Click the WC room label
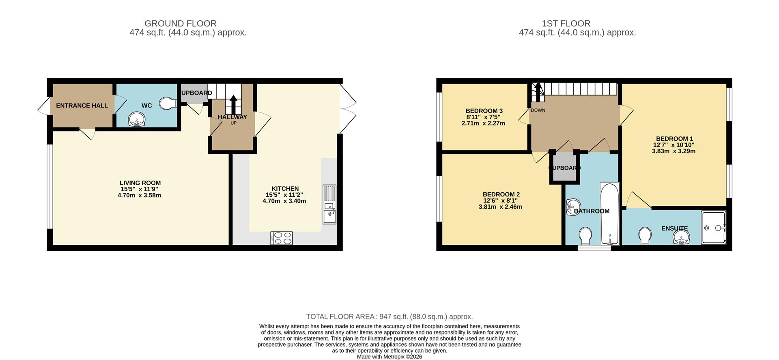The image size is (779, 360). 146,106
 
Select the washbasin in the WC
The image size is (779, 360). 136,120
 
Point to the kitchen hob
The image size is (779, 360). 282,238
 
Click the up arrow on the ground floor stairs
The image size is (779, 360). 233,104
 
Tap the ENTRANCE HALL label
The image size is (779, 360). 82,106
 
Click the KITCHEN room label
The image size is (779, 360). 285,188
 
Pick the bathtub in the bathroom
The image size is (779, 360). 609,214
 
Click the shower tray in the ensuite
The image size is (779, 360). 713,227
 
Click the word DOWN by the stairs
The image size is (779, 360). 538,110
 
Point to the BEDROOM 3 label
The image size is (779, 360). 484,111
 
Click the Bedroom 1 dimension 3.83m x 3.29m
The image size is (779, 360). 674,151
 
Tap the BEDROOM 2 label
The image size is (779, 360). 501,194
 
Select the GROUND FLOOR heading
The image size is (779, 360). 181,24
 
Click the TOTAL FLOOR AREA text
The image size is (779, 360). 389,317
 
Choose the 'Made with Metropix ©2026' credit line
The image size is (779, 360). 389,357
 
